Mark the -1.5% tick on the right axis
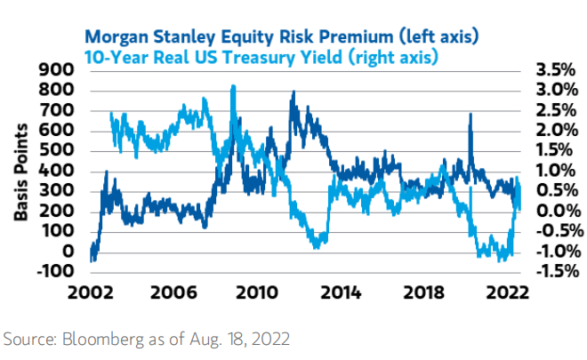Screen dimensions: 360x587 [555, 271]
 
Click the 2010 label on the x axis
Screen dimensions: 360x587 [258, 292]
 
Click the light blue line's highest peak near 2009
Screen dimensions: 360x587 [233, 86]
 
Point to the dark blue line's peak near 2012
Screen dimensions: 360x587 [293, 92]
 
